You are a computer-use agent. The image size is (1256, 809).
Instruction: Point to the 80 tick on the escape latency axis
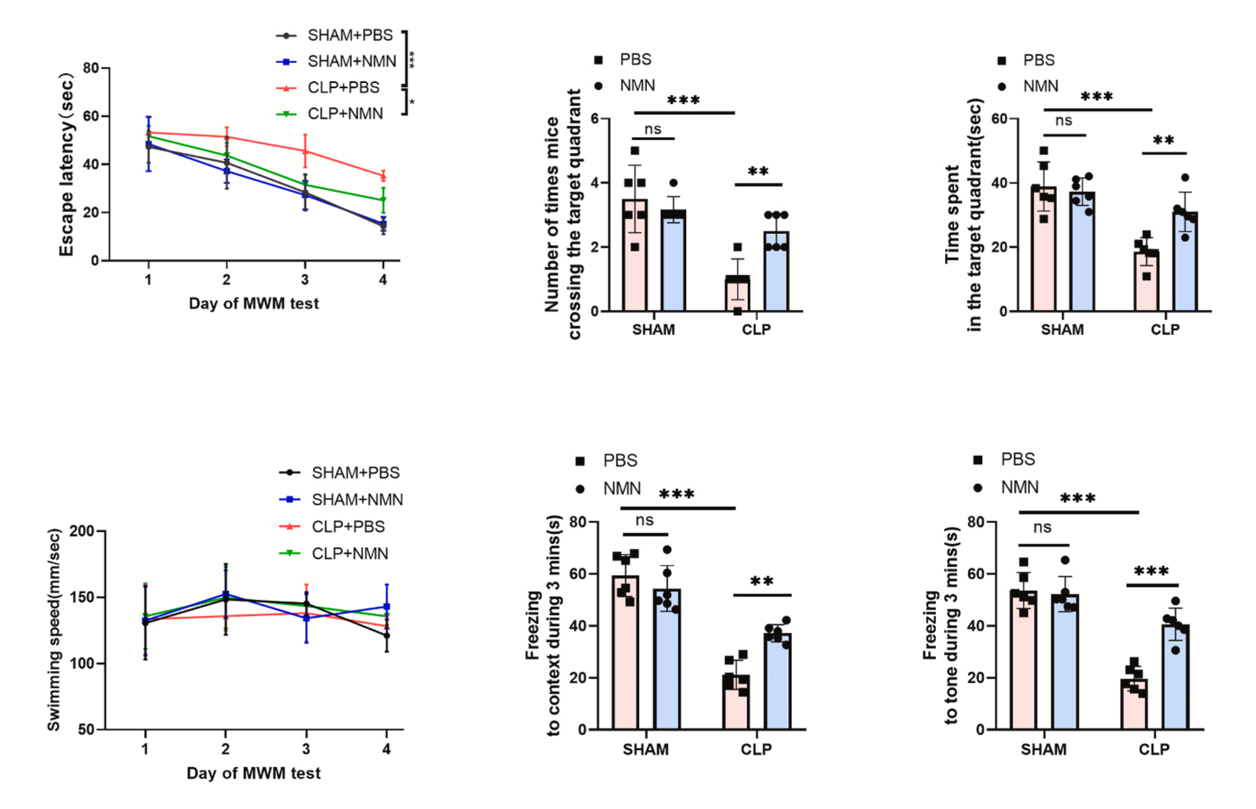[90, 68]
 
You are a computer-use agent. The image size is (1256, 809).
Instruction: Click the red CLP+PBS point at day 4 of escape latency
[383, 176]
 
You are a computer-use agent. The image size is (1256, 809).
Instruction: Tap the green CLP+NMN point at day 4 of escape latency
[383, 200]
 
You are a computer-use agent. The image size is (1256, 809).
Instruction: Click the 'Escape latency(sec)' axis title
[66, 164]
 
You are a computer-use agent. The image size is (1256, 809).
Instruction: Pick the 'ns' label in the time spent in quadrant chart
[1063, 121]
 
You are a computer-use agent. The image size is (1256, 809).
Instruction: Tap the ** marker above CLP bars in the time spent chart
[1163, 141]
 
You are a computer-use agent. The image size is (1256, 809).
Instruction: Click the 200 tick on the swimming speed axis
[81, 531]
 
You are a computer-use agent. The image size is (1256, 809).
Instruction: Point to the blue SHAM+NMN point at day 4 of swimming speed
[387, 606]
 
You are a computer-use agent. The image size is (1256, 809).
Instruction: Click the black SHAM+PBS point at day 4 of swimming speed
[387, 636]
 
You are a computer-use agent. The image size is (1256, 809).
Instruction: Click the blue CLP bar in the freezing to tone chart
[1176, 678]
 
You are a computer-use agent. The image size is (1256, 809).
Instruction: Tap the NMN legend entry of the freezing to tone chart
[1019, 488]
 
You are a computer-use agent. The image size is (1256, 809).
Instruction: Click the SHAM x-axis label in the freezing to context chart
[645, 749]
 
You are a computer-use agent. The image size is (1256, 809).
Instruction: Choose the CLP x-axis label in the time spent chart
[1165, 330]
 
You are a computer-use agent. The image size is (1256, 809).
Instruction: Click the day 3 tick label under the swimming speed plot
[306, 749]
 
